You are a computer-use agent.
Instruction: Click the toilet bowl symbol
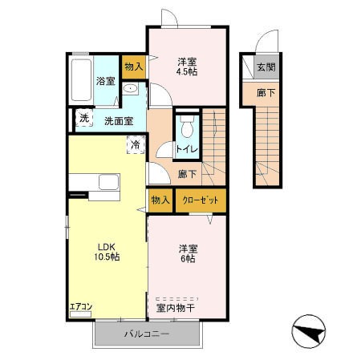(187, 127)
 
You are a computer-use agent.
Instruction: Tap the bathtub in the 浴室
(81, 80)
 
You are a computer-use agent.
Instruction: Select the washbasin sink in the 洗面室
(131, 88)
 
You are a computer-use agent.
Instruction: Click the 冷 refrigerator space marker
(136, 144)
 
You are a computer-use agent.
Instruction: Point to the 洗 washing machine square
(84, 118)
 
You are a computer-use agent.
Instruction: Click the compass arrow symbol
(309, 331)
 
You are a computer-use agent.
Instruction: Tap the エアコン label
(81, 306)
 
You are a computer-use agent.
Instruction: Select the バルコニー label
(147, 334)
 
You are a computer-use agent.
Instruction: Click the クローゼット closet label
(201, 200)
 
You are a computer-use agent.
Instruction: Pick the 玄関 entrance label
(266, 67)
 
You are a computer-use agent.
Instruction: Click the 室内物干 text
(176, 309)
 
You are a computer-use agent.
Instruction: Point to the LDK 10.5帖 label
(107, 252)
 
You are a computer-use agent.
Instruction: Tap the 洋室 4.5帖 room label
(187, 67)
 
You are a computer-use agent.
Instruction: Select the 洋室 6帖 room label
(188, 254)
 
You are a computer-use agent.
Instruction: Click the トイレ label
(187, 149)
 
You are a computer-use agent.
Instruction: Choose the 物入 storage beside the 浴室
(134, 67)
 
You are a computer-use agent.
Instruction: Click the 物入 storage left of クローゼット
(160, 200)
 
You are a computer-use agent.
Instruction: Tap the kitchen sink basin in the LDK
(109, 182)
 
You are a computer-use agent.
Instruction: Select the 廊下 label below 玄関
(266, 93)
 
